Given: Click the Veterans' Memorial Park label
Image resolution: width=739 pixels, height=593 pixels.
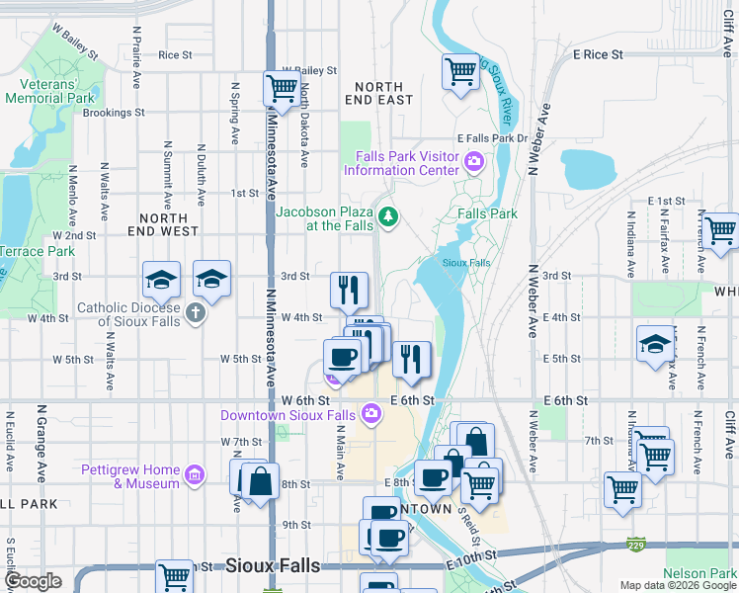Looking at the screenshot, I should click(49, 91).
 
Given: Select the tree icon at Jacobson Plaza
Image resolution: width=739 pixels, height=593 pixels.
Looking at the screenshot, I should click(389, 216).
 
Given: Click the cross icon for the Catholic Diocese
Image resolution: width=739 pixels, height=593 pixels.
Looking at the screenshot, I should click(196, 313).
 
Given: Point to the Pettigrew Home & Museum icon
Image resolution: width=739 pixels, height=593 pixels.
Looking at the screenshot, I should click(195, 476).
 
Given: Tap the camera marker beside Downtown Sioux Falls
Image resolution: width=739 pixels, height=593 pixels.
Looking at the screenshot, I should click(370, 413).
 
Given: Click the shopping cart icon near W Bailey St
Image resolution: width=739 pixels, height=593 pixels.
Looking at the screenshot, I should click(282, 88).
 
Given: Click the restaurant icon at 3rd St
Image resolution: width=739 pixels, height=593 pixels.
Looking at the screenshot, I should click(349, 290).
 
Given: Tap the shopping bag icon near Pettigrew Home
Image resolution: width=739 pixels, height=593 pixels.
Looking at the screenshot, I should click(262, 482).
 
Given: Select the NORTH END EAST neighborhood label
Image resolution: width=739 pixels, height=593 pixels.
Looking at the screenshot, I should click(380, 93).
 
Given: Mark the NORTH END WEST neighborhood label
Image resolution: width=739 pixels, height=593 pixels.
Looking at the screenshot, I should click(163, 224).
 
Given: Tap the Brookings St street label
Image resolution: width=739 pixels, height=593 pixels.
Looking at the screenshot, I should click(114, 113).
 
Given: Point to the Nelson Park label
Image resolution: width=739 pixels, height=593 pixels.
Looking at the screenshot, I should click(699, 573).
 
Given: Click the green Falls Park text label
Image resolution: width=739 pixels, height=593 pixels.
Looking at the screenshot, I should click(488, 213).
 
